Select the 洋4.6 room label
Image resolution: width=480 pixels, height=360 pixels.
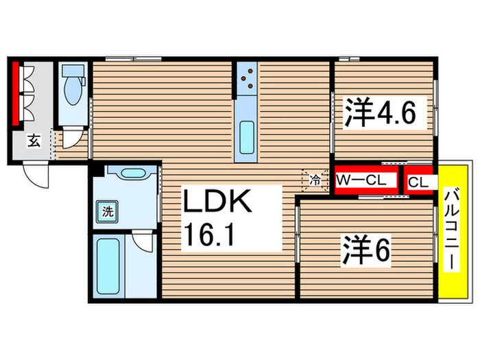pyautogui.click(x=381, y=112)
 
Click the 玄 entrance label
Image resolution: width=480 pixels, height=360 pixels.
pyautogui.click(x=33, y=142)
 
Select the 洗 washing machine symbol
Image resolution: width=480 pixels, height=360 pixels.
pyautogui.click(x=108, y=211)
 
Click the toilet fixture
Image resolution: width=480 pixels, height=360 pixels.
pyautogui.click(x=72, y=83)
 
